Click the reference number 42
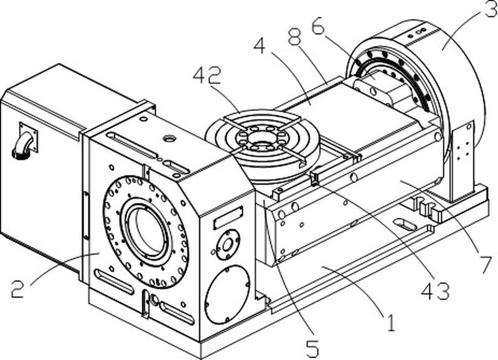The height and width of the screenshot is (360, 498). [x=207, y=77]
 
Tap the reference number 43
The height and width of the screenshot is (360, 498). [x=435, y=290]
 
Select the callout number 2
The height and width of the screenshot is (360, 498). [x=17, y=288]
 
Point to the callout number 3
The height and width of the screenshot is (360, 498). [x=491, y=9]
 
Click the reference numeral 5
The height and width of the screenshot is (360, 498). [x=312, y=348]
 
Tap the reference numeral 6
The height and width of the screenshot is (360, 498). [x=318, y=26]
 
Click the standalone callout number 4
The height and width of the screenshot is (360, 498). [x=260, y=45]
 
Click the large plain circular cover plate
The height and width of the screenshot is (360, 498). [x=227, y=294]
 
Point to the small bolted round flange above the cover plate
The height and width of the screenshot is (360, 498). [x=227, y=245]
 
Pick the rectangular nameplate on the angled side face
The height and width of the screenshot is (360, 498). [x=228, y=217]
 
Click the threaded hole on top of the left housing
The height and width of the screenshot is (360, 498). [x=167, y=138]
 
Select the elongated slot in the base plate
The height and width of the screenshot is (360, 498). [x=405, y=224]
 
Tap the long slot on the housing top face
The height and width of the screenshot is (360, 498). [x=133, y=144]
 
